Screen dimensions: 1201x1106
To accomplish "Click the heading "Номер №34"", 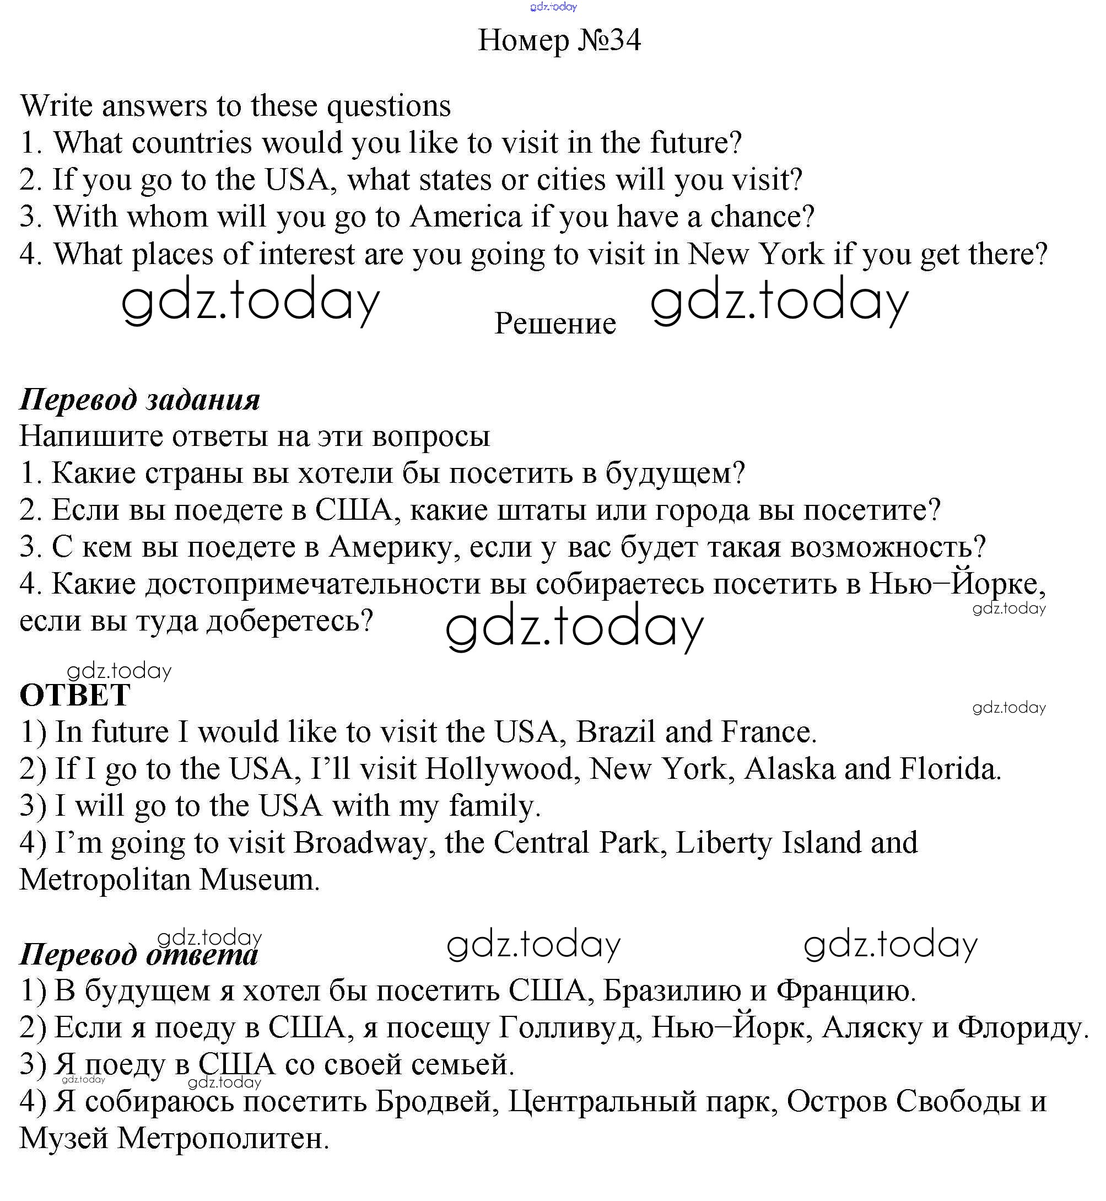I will [x=559, y=41].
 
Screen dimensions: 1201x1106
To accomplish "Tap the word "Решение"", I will [x=555, y=324].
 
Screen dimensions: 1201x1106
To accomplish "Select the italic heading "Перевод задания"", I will [x=140, y=400].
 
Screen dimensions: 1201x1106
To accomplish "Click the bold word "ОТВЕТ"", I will [x=75, y=695].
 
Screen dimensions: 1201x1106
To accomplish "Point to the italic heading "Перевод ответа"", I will [x=139, y=954].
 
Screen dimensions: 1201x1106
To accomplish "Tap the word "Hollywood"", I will [x=498, y=769].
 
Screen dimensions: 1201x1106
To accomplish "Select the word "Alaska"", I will [x=789, y=769].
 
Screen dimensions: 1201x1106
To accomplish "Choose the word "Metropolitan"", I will [x=104, y=880].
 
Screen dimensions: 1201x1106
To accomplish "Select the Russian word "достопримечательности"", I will [x=313, y=584].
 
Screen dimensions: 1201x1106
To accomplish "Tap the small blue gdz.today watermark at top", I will [x=553, y=7].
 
